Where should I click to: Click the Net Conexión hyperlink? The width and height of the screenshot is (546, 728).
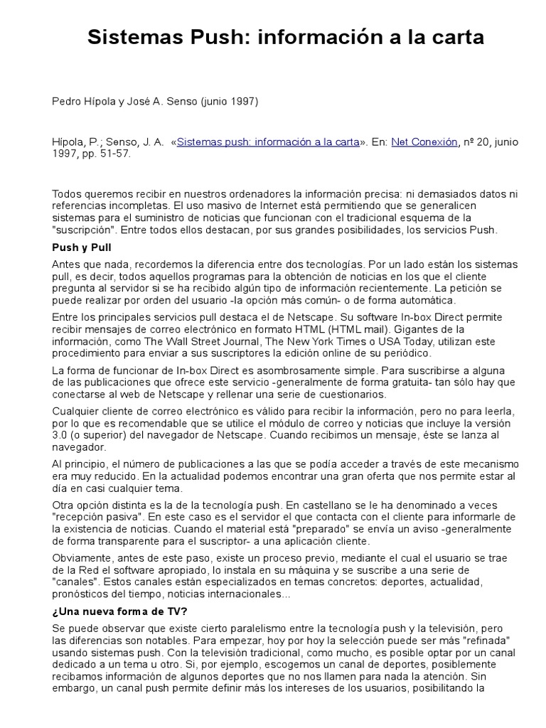click(x=424, y=142)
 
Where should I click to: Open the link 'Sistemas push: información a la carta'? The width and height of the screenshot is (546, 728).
click(x=267, y=142)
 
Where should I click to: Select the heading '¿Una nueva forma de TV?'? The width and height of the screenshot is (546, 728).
click(x=120, y=611)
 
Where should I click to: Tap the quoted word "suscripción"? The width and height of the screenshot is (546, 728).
click(x=85, y=230)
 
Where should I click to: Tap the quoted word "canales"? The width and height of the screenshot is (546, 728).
click(x=75, y=582)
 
